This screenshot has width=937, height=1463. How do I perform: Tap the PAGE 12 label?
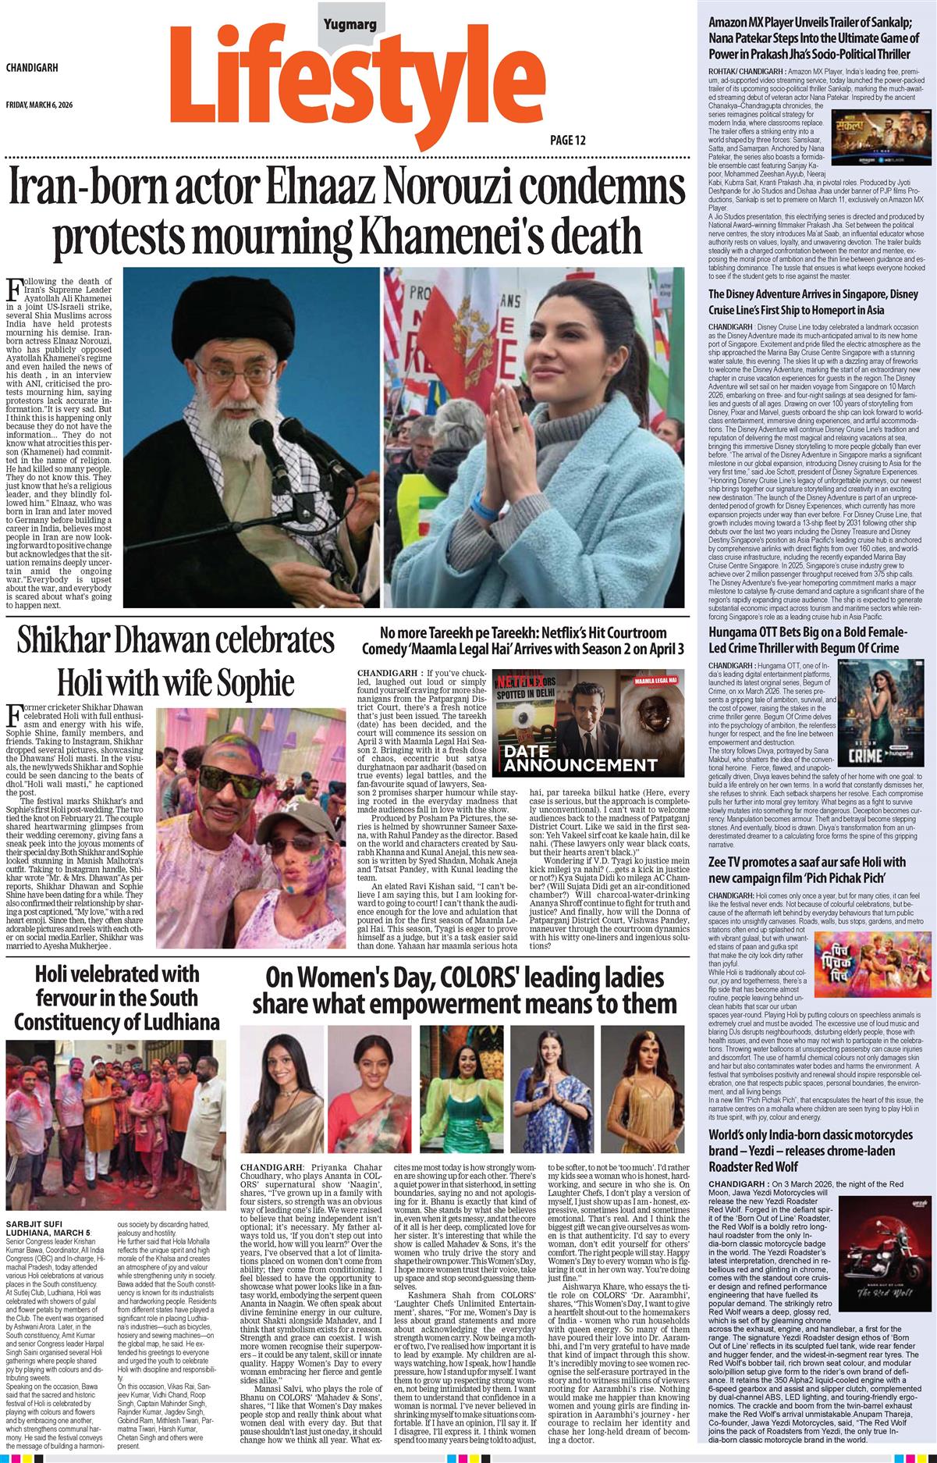[568, 141]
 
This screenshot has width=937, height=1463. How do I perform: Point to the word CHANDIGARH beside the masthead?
[32, 68]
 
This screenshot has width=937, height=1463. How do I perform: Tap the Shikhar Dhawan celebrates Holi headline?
[176, 661]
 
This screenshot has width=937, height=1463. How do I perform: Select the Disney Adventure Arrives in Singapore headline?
[813, 301]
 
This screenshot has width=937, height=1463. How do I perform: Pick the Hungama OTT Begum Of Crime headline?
[808, 640]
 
